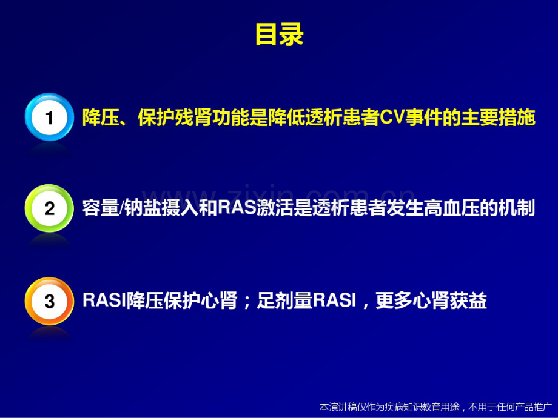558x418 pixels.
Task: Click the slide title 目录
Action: point(278,35)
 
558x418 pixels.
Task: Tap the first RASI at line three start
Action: point(104,301)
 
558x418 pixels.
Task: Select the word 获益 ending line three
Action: point(472,301)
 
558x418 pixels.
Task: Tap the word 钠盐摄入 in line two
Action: point(159,209)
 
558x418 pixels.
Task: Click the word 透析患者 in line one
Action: point(334,118)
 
